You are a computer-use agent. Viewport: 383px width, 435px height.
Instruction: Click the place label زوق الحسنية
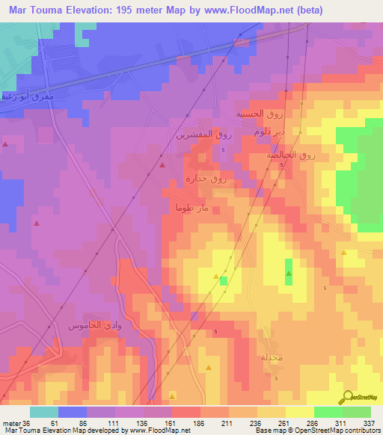(x=248, y=114)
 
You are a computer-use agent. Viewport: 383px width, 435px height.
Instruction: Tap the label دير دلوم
(x=269, y=132)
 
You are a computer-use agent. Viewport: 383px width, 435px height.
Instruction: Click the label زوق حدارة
(x=206, y=179)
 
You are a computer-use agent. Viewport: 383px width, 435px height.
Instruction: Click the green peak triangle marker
(x=289, y=274)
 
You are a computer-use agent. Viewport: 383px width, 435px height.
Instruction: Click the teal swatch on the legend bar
(x=44, y=413)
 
